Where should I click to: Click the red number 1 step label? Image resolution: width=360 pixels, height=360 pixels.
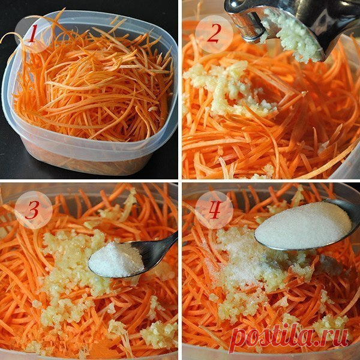point(32,34)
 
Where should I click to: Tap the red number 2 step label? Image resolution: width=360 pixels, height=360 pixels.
point(214,34)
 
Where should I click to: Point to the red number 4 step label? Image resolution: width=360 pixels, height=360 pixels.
point(215,209)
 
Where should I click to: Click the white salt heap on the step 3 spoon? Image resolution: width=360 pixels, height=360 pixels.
point(116,260)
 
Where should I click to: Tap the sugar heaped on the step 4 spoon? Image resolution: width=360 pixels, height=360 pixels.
point(303,226)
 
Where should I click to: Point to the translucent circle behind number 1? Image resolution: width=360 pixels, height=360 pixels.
point(34,34)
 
